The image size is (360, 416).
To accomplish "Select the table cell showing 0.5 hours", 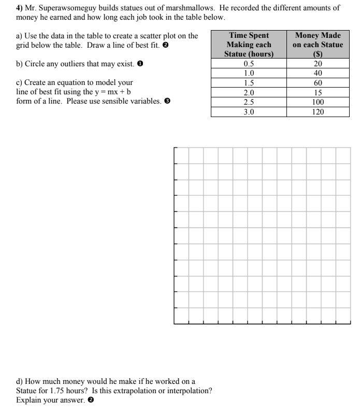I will [248, 64].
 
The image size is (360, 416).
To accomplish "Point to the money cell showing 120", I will [318, 110].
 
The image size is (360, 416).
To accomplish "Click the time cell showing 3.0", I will [248, 110].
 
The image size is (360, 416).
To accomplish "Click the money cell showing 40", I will [318, 74].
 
